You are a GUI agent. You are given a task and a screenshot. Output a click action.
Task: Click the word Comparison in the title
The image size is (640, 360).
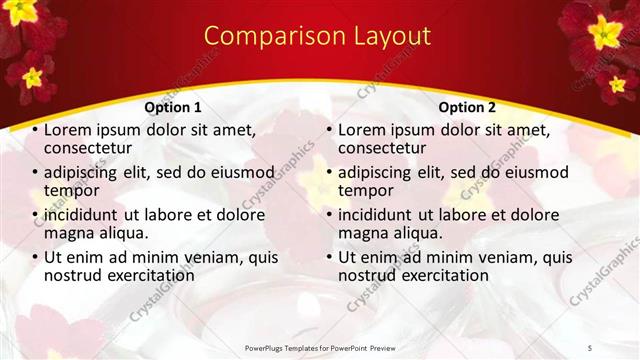tap(267, 37)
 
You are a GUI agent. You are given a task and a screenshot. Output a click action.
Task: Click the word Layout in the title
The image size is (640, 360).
tap(385, 37)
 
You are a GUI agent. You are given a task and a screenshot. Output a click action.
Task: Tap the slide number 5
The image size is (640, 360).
tap(590, 347)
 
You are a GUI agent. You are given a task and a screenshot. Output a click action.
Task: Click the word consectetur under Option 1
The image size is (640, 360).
tap(87, 150)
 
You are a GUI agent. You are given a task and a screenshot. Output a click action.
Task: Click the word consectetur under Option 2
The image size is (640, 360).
tap(381, 150)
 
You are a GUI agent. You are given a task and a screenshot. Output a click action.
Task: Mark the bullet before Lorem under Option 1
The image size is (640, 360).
tap(36, 131)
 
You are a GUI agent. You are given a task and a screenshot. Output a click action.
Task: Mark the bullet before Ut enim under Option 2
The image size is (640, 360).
tap(330, 257)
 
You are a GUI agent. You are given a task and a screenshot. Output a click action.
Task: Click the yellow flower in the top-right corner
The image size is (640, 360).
tap(604, 33)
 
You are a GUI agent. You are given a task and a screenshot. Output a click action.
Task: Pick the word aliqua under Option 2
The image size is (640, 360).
tap(413, 233)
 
